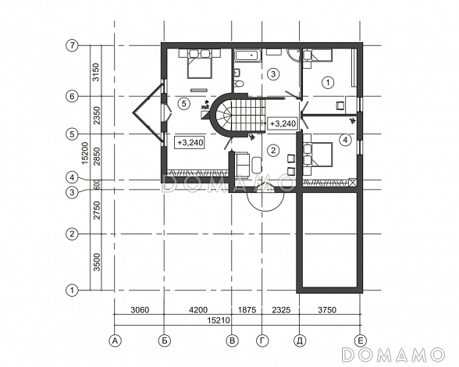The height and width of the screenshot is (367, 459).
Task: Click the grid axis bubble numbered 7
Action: [x=73, y=46]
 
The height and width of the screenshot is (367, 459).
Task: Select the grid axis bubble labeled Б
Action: [x=164, y=341]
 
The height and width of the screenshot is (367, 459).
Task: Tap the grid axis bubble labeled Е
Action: [x=360, y=341]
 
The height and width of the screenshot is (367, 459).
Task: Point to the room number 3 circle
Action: [x=273, y=74]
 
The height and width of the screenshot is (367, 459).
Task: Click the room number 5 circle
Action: [x=184, y=103]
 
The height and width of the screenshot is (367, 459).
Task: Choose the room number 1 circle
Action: [x=328, y=82]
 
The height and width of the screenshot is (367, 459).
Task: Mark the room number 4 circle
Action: [x=345, y=140]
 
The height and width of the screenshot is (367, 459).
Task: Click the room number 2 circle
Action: [x=273, y=151]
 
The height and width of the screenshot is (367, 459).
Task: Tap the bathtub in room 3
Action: [x=248, y=56]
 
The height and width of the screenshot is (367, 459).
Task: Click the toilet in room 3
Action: [x=239, y=84]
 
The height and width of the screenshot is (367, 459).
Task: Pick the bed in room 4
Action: [x=322, y=155]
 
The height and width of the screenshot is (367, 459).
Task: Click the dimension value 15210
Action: [x=219, y=320]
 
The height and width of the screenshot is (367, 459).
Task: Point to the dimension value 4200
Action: [x=198, y=310]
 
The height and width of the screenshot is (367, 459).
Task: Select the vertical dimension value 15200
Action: [x=85, y=153]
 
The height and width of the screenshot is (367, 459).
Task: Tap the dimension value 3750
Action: [x=327, y=309]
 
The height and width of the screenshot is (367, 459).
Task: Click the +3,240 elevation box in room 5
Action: [x=189, y=143]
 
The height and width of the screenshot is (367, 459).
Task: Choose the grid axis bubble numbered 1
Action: [x=73, y=290]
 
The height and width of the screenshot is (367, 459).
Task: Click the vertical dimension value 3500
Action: [x=97, y=262]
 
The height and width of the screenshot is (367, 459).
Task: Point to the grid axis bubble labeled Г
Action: [x=262, y=341]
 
